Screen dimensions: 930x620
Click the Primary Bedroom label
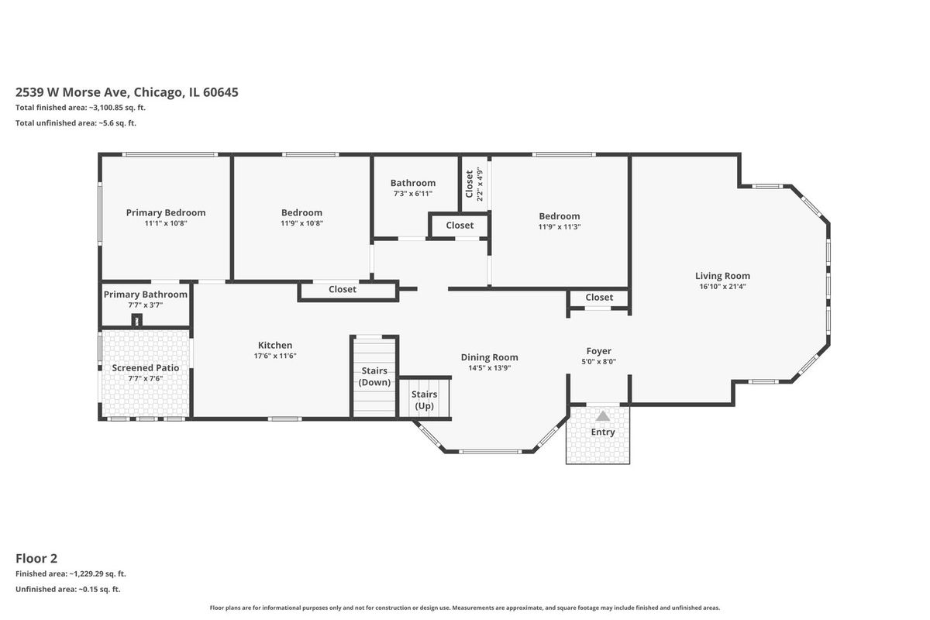click(166, 212)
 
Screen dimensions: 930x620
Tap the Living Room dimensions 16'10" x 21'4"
click(722, 286)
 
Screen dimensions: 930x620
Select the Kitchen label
click(275, 345)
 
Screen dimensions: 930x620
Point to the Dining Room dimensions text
click(490, 368)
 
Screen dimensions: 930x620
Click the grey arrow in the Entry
click(603, 416)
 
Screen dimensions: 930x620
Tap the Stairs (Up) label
click(425, 400)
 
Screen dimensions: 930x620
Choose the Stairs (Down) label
click(374, 376)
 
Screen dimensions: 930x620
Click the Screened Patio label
click(146, 368)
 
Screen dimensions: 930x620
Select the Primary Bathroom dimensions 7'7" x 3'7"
click(146, 305)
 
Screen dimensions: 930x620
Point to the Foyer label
click(598, 351)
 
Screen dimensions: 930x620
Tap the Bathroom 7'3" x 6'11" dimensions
click(413, 194)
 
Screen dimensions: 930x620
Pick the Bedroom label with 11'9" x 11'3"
click(560, 216)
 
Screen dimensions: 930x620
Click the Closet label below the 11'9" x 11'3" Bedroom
click(599, 298)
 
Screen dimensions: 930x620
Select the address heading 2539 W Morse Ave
click(127, 92)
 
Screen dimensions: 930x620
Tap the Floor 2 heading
click(36, 559)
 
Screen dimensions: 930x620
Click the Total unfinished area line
click(76, 123)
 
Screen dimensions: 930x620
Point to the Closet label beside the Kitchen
click(343, 289)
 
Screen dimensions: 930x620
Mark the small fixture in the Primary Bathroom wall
click(137, 320)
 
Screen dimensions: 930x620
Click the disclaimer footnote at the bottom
click(464, 608)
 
